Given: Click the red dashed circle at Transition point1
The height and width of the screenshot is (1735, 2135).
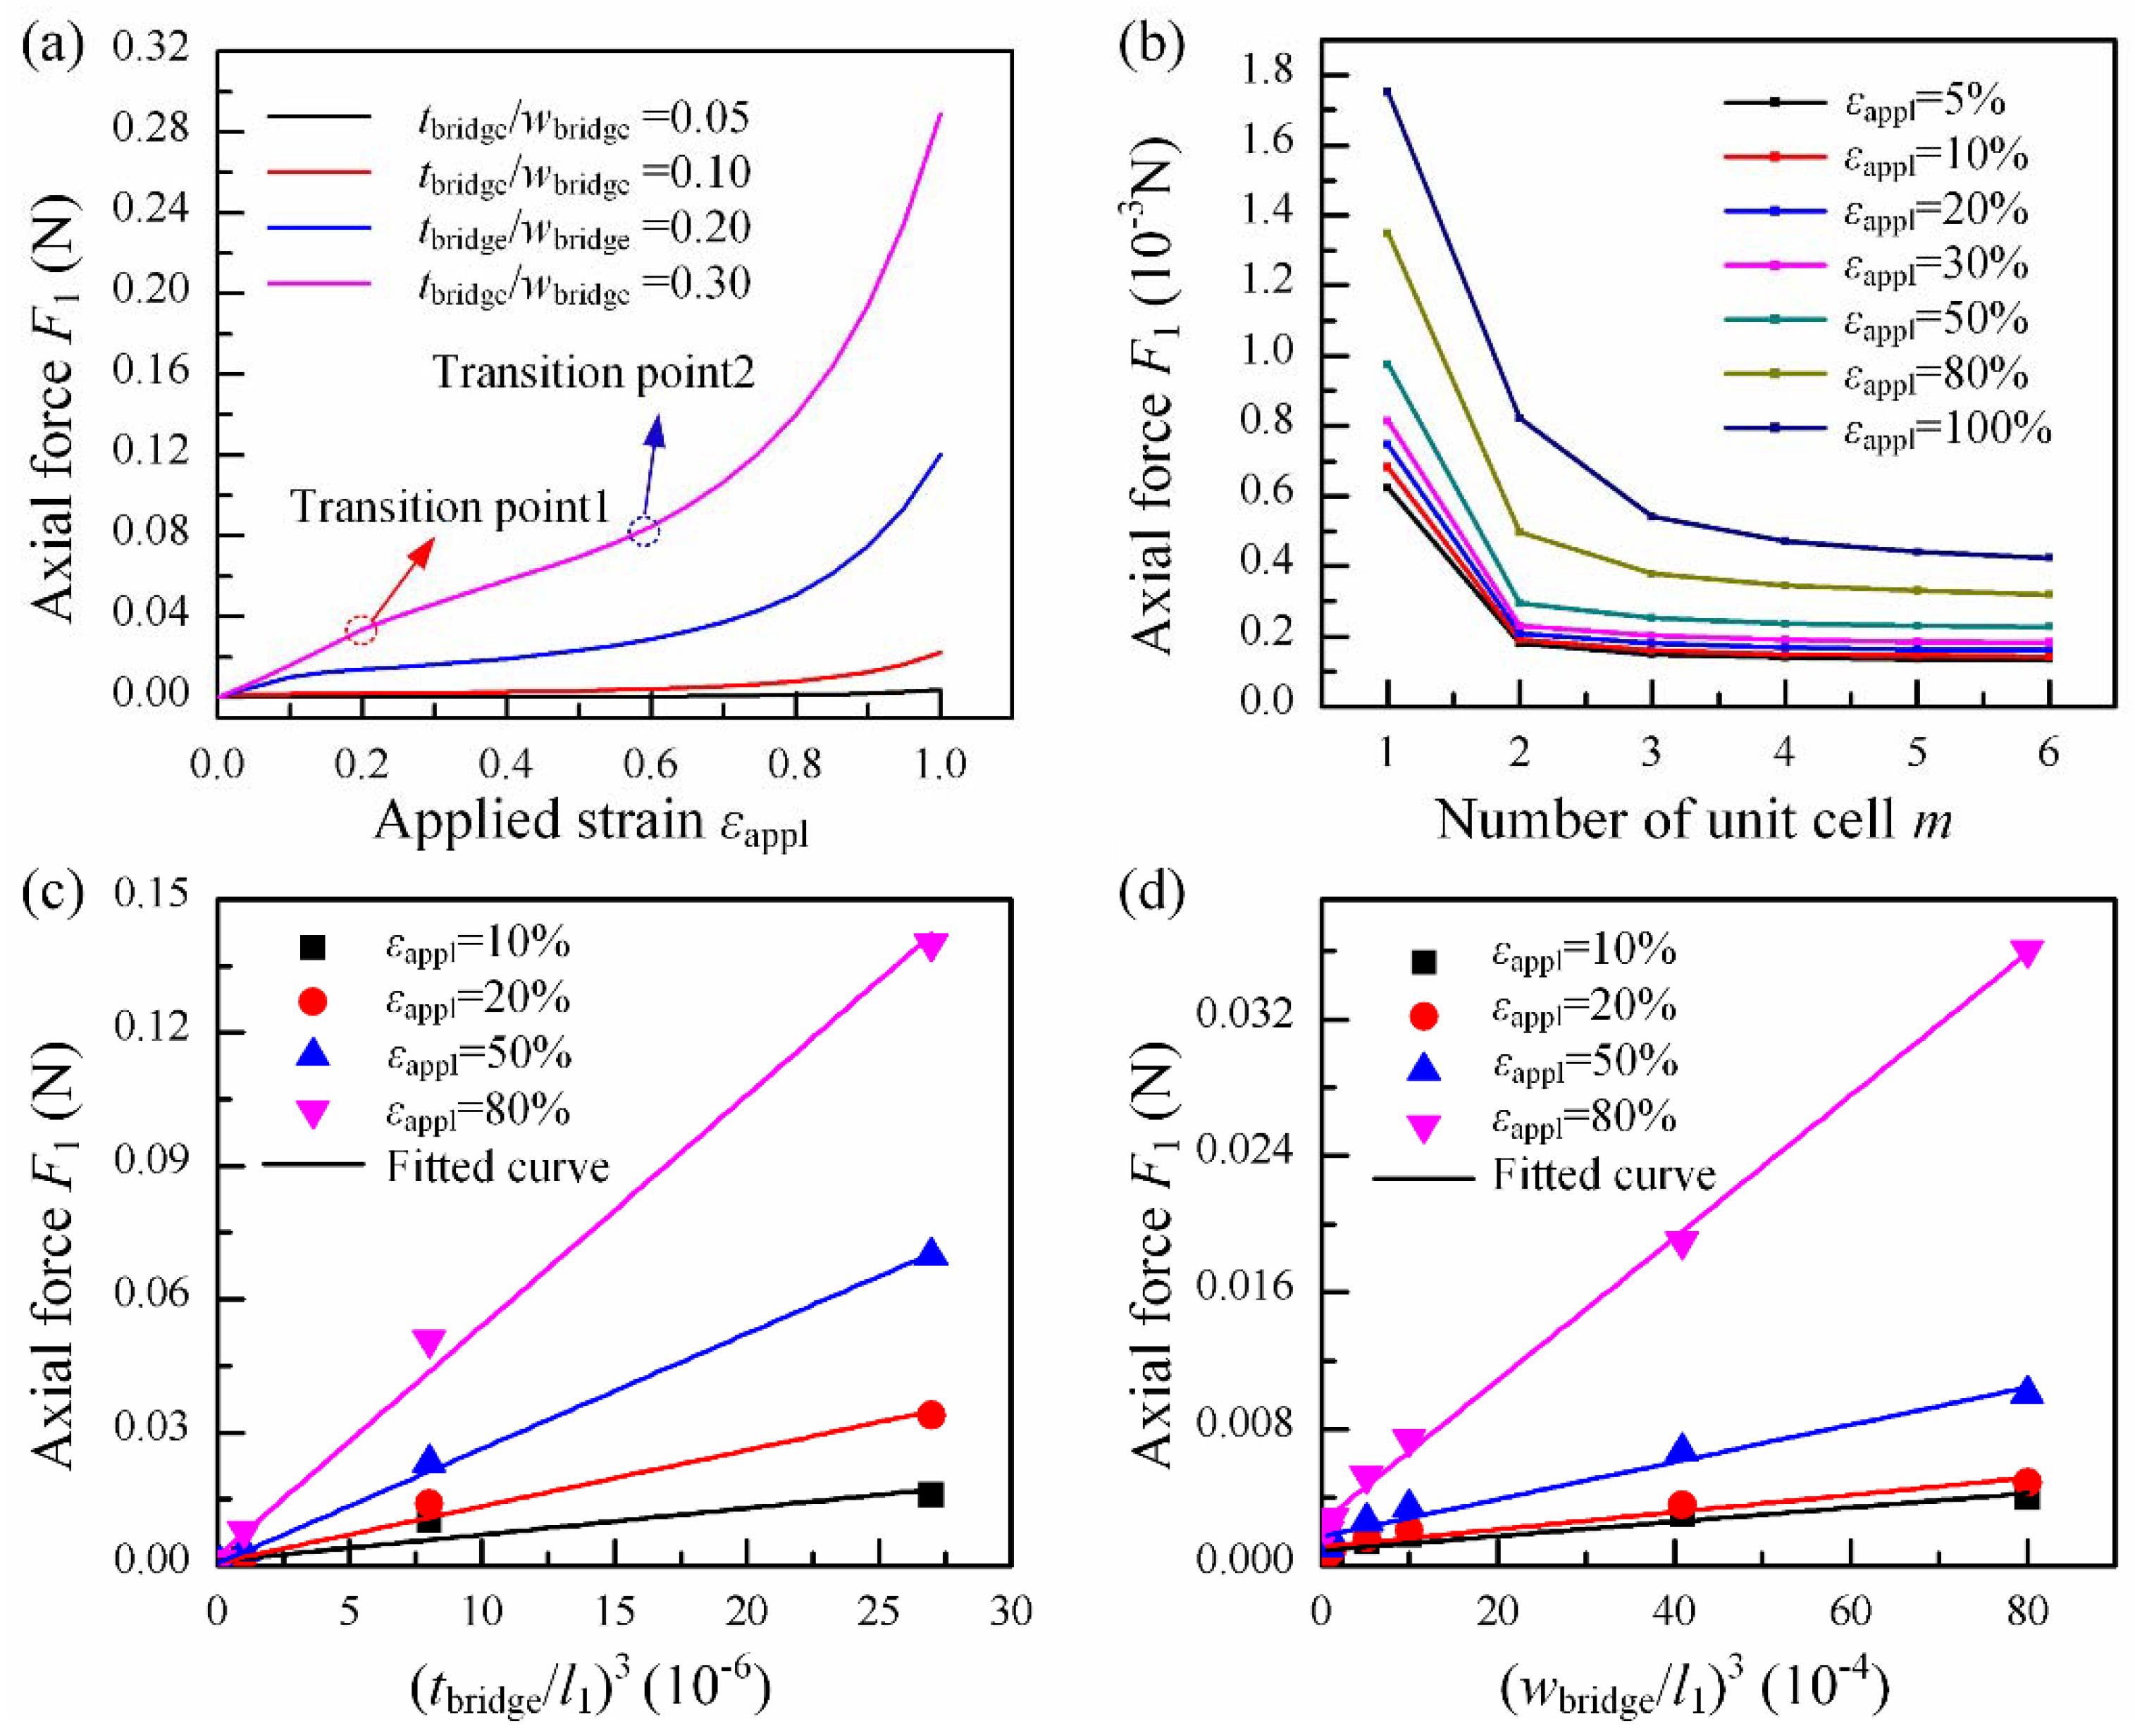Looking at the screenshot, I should (361, 629).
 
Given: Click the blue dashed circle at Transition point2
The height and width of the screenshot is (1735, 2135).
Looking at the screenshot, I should (645, 531).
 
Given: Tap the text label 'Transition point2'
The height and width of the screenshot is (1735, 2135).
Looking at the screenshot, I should (593, 373).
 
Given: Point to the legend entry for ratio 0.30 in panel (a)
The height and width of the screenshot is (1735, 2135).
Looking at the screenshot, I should (584, 284).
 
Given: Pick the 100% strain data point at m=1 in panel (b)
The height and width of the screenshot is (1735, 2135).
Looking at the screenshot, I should (1387, 92).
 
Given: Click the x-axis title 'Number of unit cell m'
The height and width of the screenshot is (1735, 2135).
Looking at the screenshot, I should (1693, 820).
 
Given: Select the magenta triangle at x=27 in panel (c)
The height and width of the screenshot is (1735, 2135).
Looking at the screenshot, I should (930, 944).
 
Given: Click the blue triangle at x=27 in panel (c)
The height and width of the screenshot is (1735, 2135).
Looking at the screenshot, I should (930, 1252).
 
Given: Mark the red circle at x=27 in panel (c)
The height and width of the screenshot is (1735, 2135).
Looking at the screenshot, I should (930, 1414).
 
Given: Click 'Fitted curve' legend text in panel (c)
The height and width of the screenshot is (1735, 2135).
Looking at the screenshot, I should (497, 1167).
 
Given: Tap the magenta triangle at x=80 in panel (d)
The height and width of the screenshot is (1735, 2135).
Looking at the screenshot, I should (2026, 953).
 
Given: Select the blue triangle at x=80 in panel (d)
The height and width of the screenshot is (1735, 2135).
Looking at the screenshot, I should (2026, 1389).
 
